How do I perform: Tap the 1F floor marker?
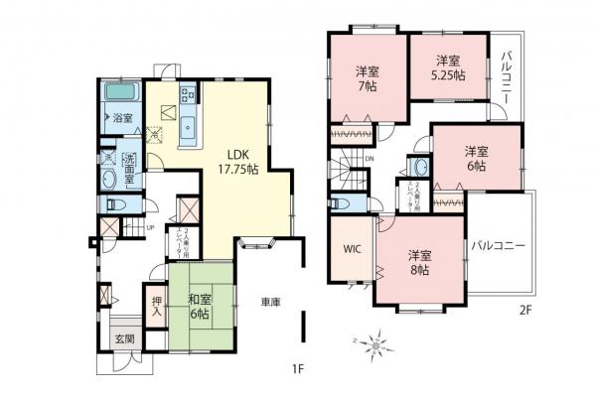pos(297,370)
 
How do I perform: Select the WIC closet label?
pos(352,250)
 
